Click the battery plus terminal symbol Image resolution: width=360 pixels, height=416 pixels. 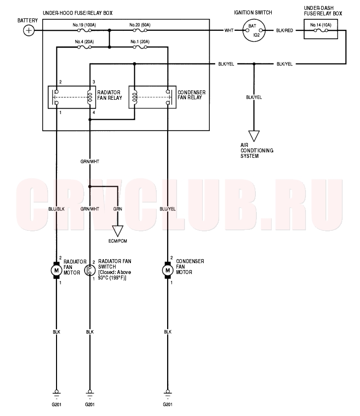tap(29, 30)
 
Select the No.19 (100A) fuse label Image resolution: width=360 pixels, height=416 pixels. tap(84, 25)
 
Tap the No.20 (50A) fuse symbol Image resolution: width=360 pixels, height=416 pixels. tap(140, 30)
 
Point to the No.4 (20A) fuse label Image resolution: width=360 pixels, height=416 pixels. tap(84, 42)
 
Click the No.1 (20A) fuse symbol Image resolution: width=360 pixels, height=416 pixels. tap(140, 47)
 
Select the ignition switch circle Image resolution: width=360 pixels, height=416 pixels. tap(254, 30)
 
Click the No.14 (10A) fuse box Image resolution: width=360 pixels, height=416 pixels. tap(320, 29)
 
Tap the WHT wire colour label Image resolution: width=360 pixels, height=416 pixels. tap(229, 30)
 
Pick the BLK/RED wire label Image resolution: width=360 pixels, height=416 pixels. tap(285, 30)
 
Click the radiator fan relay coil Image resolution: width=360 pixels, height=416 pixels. tap(90, 97)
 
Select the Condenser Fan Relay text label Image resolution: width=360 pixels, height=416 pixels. tap(191, 95)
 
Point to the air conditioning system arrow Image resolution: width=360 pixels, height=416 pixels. tap(254, 136)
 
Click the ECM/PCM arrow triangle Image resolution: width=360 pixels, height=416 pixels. tap(118, 231)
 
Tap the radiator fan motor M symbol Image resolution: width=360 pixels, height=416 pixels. tap(56, 271)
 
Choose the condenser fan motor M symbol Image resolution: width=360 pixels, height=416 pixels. tap(168, 271)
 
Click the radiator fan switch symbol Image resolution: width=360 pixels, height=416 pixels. tap(90, 271)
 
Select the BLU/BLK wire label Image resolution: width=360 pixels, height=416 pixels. tap(56, 209)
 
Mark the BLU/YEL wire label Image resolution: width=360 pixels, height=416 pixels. tap(168, 209)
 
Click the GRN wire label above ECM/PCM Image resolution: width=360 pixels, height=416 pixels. tap(118, 209)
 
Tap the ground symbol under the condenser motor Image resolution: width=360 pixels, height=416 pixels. tap(168, 394)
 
